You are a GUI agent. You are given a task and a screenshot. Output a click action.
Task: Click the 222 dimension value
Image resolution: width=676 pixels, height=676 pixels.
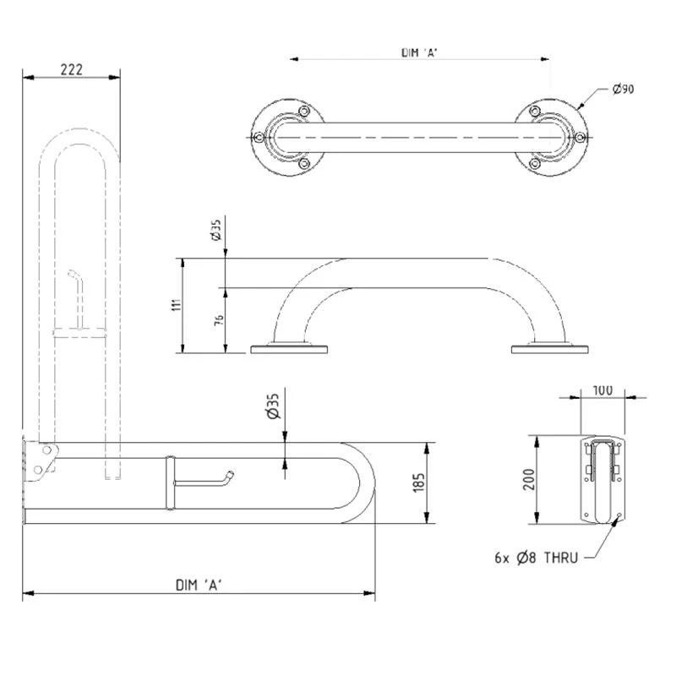(71, 69)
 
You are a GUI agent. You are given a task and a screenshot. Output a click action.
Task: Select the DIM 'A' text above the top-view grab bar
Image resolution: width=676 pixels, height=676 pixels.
(419, 52)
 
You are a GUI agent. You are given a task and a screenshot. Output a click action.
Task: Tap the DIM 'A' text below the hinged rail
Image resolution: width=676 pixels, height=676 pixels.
(199, 585)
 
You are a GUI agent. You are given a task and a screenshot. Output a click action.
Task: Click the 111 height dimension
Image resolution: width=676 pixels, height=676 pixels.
(177, 304)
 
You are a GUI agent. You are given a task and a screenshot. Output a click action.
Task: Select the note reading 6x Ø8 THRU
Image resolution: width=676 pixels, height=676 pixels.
(537, 558)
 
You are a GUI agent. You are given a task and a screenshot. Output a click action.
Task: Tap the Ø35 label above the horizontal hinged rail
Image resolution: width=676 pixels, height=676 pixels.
(273, 406)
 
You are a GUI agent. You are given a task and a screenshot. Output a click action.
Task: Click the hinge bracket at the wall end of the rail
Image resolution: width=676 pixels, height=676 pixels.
(41, 461)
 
